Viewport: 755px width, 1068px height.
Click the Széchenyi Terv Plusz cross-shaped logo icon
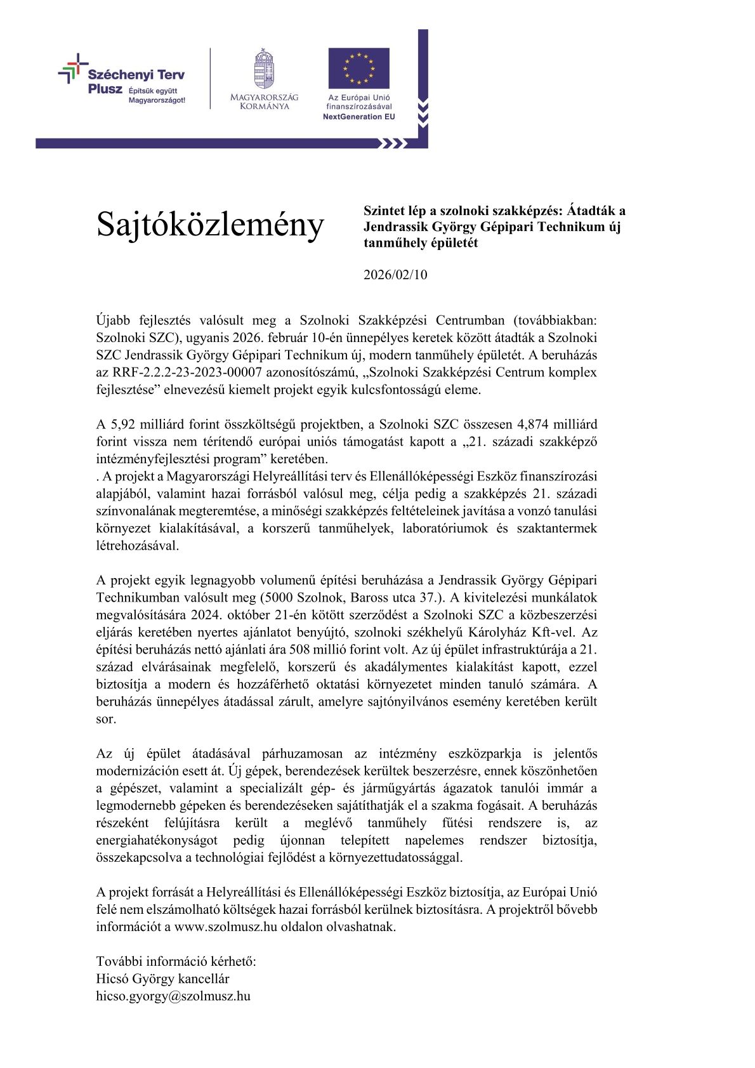(73, 68)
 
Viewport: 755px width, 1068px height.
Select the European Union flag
(358, 69)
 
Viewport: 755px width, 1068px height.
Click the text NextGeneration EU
(358, 117)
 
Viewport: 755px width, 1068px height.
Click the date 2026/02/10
(395, 275)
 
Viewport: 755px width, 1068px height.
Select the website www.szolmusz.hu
(226, 926)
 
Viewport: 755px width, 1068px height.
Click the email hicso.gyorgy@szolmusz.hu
(173, 996)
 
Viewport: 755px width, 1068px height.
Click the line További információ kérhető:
(176, 961)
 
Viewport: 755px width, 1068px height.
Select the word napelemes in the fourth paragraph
(434, 841)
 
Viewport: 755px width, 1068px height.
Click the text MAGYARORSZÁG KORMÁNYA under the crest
(264, 102)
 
